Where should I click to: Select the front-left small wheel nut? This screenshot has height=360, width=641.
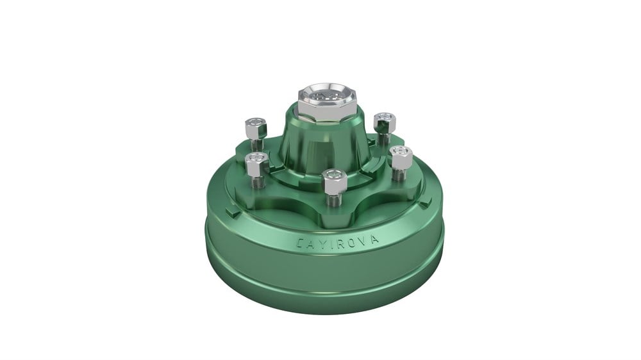coord(256,162)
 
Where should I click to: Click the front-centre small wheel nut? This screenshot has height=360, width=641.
coord(335,181)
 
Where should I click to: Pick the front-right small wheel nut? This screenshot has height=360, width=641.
coord(401,157)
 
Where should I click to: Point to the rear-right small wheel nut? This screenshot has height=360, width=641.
coord(385,123)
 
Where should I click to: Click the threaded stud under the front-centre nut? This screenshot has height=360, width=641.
coord(335,200)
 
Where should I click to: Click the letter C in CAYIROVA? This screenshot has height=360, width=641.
coord(301,243)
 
